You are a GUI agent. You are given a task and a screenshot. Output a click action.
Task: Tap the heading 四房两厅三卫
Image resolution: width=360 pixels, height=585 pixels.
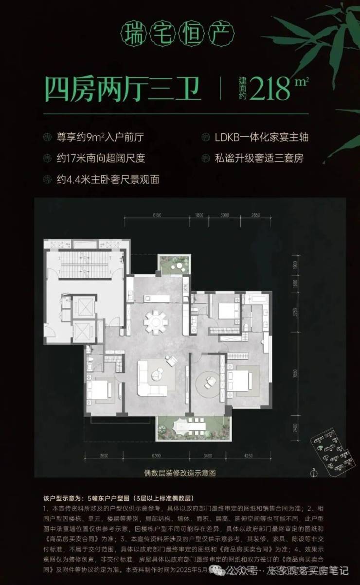coord(123,89)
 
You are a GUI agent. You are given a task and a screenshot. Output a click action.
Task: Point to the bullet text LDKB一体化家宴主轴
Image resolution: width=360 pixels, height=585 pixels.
coord(261,137)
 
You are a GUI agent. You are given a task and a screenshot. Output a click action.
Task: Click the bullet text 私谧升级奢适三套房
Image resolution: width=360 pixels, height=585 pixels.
coord(261,158)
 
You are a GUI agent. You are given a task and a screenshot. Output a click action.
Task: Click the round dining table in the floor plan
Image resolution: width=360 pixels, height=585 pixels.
coord(155,321)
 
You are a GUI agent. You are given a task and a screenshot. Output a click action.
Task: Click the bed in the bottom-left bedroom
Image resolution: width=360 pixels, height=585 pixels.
coord(101,389)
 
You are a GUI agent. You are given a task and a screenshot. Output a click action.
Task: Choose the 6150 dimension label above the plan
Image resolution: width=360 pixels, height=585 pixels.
coord(156,214)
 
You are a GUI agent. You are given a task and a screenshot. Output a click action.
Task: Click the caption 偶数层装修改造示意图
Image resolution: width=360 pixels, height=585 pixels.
coord(180,472)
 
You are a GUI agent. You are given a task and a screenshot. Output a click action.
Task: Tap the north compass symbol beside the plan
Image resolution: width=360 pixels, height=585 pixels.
coord(314,471)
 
